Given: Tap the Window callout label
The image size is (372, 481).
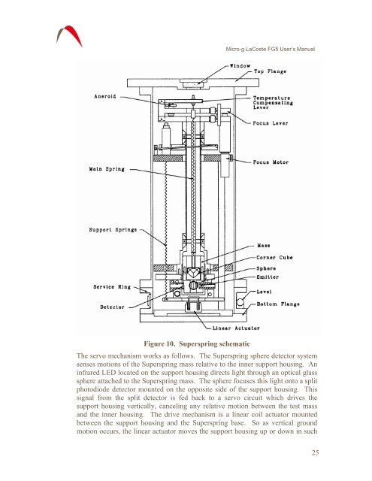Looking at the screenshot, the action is (240, 65).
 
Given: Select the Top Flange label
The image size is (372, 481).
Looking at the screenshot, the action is (271, 71).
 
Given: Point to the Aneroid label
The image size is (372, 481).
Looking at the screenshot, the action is (105, 96).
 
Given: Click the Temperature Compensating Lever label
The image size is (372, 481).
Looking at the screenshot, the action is (273, 103).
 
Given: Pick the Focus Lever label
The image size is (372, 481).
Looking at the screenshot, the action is (271, 123).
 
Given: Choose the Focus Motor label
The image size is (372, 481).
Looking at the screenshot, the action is (271, 162).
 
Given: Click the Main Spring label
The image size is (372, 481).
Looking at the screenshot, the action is (107, 169).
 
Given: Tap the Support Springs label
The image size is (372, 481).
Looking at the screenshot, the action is (113, 230).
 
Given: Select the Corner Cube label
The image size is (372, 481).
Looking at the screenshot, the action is (274, 257).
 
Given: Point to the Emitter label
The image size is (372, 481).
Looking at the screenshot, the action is (268, 277).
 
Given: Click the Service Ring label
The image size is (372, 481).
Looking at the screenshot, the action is (112, 287).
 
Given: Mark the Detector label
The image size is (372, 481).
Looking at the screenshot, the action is (112, 307).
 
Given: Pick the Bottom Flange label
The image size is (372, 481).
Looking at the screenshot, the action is (278, 304).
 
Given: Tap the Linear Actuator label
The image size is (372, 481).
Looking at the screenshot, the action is (236, 328).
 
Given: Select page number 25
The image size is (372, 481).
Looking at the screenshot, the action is (316, 452).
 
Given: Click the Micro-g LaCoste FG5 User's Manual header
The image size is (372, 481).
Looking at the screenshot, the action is (271, 49).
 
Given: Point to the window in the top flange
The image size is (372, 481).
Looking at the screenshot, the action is (193, 84).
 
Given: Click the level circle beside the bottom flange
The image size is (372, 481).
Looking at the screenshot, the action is (240, 302).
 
